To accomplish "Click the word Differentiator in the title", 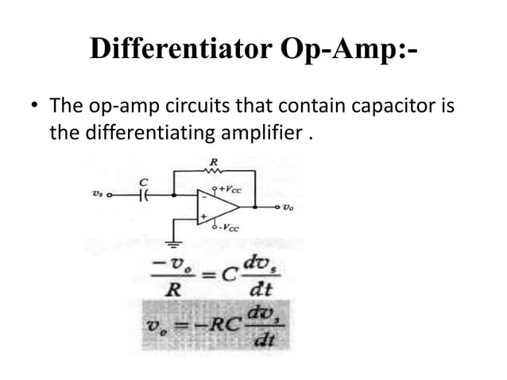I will (x=184, y=48).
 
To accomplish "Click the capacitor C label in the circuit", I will (x=144, y=182).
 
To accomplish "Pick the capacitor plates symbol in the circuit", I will (x=145, y=193).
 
